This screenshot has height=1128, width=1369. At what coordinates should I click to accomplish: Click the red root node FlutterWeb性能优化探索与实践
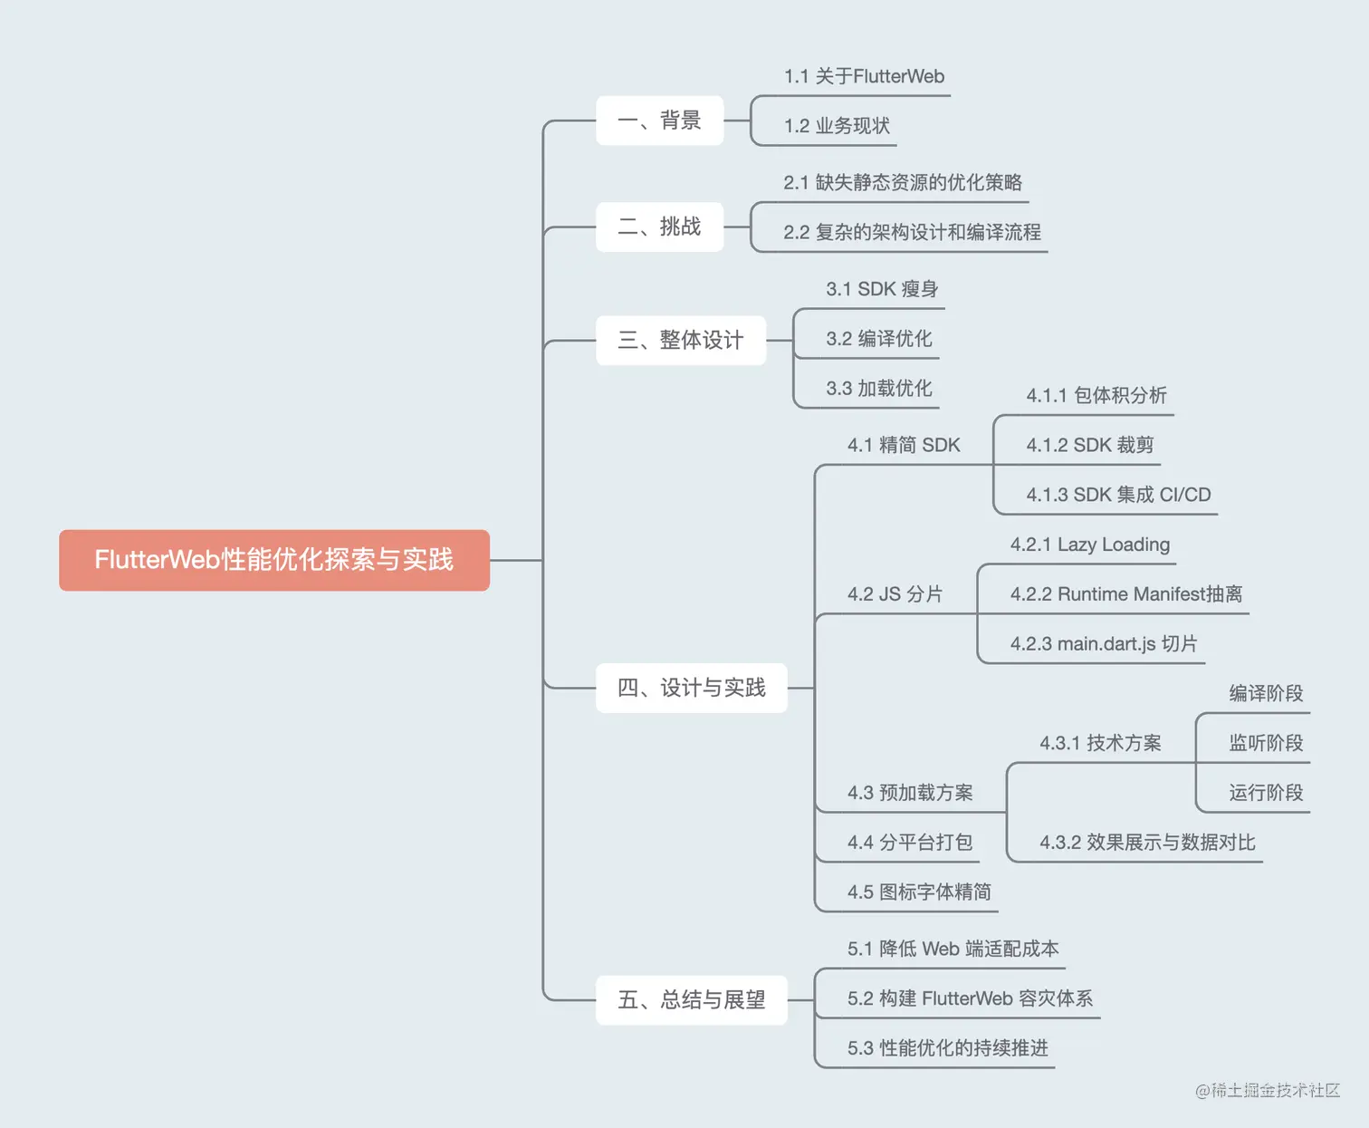[x=274, y=560]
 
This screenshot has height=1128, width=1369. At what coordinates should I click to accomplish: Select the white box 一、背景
[x=659, y=121]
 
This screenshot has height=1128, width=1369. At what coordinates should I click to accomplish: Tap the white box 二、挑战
[x=659, y=227]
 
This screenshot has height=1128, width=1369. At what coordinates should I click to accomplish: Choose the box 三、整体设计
[x=680, y=341]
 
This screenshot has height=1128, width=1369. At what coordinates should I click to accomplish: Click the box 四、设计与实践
[x=691, y=688]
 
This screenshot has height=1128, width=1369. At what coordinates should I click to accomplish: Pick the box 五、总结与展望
[x=691, y=1000]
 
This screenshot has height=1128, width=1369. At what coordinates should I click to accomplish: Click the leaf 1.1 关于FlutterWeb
[x=864, y=77]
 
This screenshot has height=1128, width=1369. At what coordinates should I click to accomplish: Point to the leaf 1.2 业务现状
[x=837, y=126]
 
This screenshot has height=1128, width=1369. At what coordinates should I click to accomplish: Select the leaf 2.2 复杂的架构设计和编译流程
[x=912, y=233]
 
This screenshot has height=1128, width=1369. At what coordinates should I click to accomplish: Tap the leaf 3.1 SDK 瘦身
[x=881, y=290]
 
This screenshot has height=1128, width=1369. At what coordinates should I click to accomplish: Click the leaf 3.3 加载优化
[x=878, y=389]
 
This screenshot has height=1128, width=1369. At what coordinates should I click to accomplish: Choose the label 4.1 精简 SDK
[x=904, y=446]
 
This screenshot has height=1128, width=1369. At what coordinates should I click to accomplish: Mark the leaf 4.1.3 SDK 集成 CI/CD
[x=1118, y=495]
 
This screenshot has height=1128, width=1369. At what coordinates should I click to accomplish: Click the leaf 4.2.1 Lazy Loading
[x=1090, y=545]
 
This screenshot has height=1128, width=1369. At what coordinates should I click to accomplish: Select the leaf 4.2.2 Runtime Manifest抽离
[x=1126, y=594]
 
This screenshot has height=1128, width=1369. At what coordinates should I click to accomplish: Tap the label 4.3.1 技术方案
[x=1100, y=744]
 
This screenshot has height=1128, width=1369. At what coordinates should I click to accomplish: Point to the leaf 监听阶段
[x=1266, y=744]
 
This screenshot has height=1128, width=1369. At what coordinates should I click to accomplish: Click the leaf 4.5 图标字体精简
[x=919, y=892]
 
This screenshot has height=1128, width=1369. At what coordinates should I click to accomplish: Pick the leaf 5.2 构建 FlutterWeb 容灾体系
[x=970, y=998]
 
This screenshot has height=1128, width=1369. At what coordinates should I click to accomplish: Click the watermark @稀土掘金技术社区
[x=1268, y=1091]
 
